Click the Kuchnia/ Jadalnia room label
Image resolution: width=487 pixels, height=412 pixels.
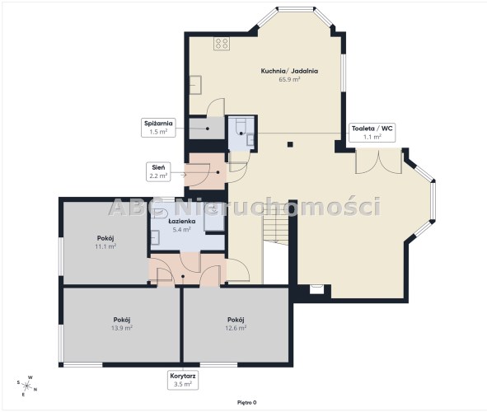pyautogui.click(x=289, y=71)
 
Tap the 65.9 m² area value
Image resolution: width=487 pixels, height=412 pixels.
pyautogui.click(x=289, y=79)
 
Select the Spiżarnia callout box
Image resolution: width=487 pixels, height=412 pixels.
pyautogui.click(x=158, y=127)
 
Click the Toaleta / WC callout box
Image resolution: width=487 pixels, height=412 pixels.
pyautogui.click(x=372, y=133)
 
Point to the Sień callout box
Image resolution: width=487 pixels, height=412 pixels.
pyautogui.click(x=158, y=171)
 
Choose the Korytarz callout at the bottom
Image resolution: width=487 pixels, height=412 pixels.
pyautogui.click(x=183, y=380)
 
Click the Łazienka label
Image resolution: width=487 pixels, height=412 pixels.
pyautogui.click(x=182, y=222)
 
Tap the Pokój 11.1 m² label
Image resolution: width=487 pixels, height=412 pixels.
pyautogui.click(x=105, y=242)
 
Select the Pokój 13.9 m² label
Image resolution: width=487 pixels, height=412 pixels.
pyautogui.click(x=122, y=324)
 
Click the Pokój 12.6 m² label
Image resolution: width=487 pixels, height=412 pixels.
pyautogui.click(x=236, y=324)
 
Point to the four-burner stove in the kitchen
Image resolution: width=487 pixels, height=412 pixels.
pyautogui.click(x=222, y=44)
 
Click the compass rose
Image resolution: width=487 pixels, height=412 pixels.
pyautogui.click(x=27, y=386)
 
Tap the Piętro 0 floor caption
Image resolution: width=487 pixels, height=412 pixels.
pyautogui.click(x=247, y=403)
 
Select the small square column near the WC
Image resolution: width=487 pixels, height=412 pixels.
pyautogui.click(x=290, y=144)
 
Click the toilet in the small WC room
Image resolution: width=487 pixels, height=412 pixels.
pyautogui.click(x=241, y=127)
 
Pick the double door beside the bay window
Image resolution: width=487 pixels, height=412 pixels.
pyautogui.click(x=378, y=161)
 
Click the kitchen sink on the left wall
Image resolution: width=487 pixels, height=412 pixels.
pyautogui.click(x=195, y=85)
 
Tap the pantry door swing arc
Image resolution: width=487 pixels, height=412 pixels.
pyautogui.click(x=216, y=107)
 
